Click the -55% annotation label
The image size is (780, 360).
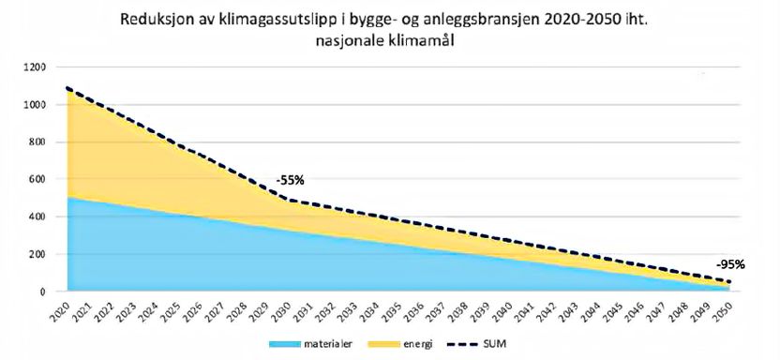(290, 179)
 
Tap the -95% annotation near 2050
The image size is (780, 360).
(730, 264)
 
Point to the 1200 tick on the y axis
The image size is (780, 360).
(34, 67)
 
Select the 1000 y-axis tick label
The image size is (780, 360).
(34, 105)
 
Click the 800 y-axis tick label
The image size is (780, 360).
(37, 142)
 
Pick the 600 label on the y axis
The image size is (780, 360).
(37, 179)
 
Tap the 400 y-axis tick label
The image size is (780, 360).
(37, 217)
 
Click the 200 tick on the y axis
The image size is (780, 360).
(37, 254)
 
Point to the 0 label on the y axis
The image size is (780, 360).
(42, 292)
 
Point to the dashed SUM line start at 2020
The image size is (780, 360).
(66, 88)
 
